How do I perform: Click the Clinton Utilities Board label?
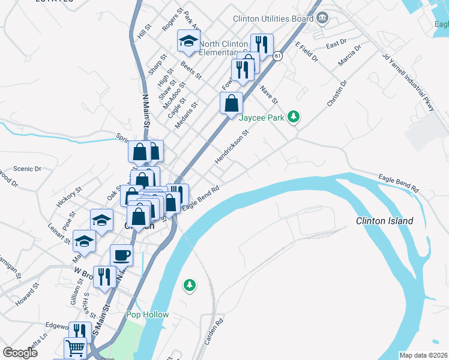pyautogui.click(x=273, y=19)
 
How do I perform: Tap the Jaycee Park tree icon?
pyautogui.click(x=294, y=116)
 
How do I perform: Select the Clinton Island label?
pyautogui.click(x=384, y=221)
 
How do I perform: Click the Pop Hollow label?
pyautogui.click(x=147, y=314)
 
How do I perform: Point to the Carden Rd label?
pyautogui.click(x=214, y=331)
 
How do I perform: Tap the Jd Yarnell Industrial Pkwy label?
pyautogui.click(x=408, y=83)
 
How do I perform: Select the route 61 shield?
pyautogui.click(x=277, y=56)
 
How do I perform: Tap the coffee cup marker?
pyautogui.click(x=121, y=254)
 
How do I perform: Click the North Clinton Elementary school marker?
pyautogui.click(x=188, y=41)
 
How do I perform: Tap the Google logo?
pyautogui.click(x=20, y=353)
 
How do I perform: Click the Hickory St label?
pyautogui.click(x=69, y=197)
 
